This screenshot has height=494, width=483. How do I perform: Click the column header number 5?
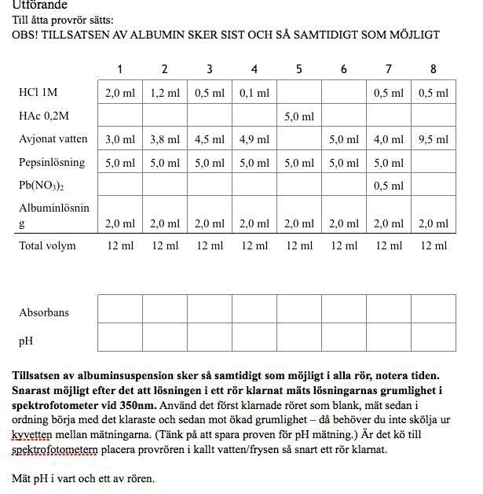click(299, 69)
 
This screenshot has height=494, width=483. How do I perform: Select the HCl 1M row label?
click(38, 93)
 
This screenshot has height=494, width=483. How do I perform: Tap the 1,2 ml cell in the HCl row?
click(165, 93)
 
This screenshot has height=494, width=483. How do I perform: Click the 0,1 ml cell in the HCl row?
click(254, 93)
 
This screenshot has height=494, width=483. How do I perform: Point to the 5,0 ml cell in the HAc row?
click(299, 116)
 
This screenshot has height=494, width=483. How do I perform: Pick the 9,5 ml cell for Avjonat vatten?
click(434, 139)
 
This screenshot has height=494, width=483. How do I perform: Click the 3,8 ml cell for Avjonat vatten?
click(165, 139)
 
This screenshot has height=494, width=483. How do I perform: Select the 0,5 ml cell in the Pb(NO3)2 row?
click(389, 186)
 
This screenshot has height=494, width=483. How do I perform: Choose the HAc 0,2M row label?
click(44, 116)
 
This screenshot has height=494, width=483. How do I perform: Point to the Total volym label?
click(48, 245)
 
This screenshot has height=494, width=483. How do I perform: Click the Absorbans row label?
click(44, 312)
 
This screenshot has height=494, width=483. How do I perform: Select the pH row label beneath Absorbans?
click(27, 341)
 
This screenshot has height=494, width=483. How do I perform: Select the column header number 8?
click(434, 69)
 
